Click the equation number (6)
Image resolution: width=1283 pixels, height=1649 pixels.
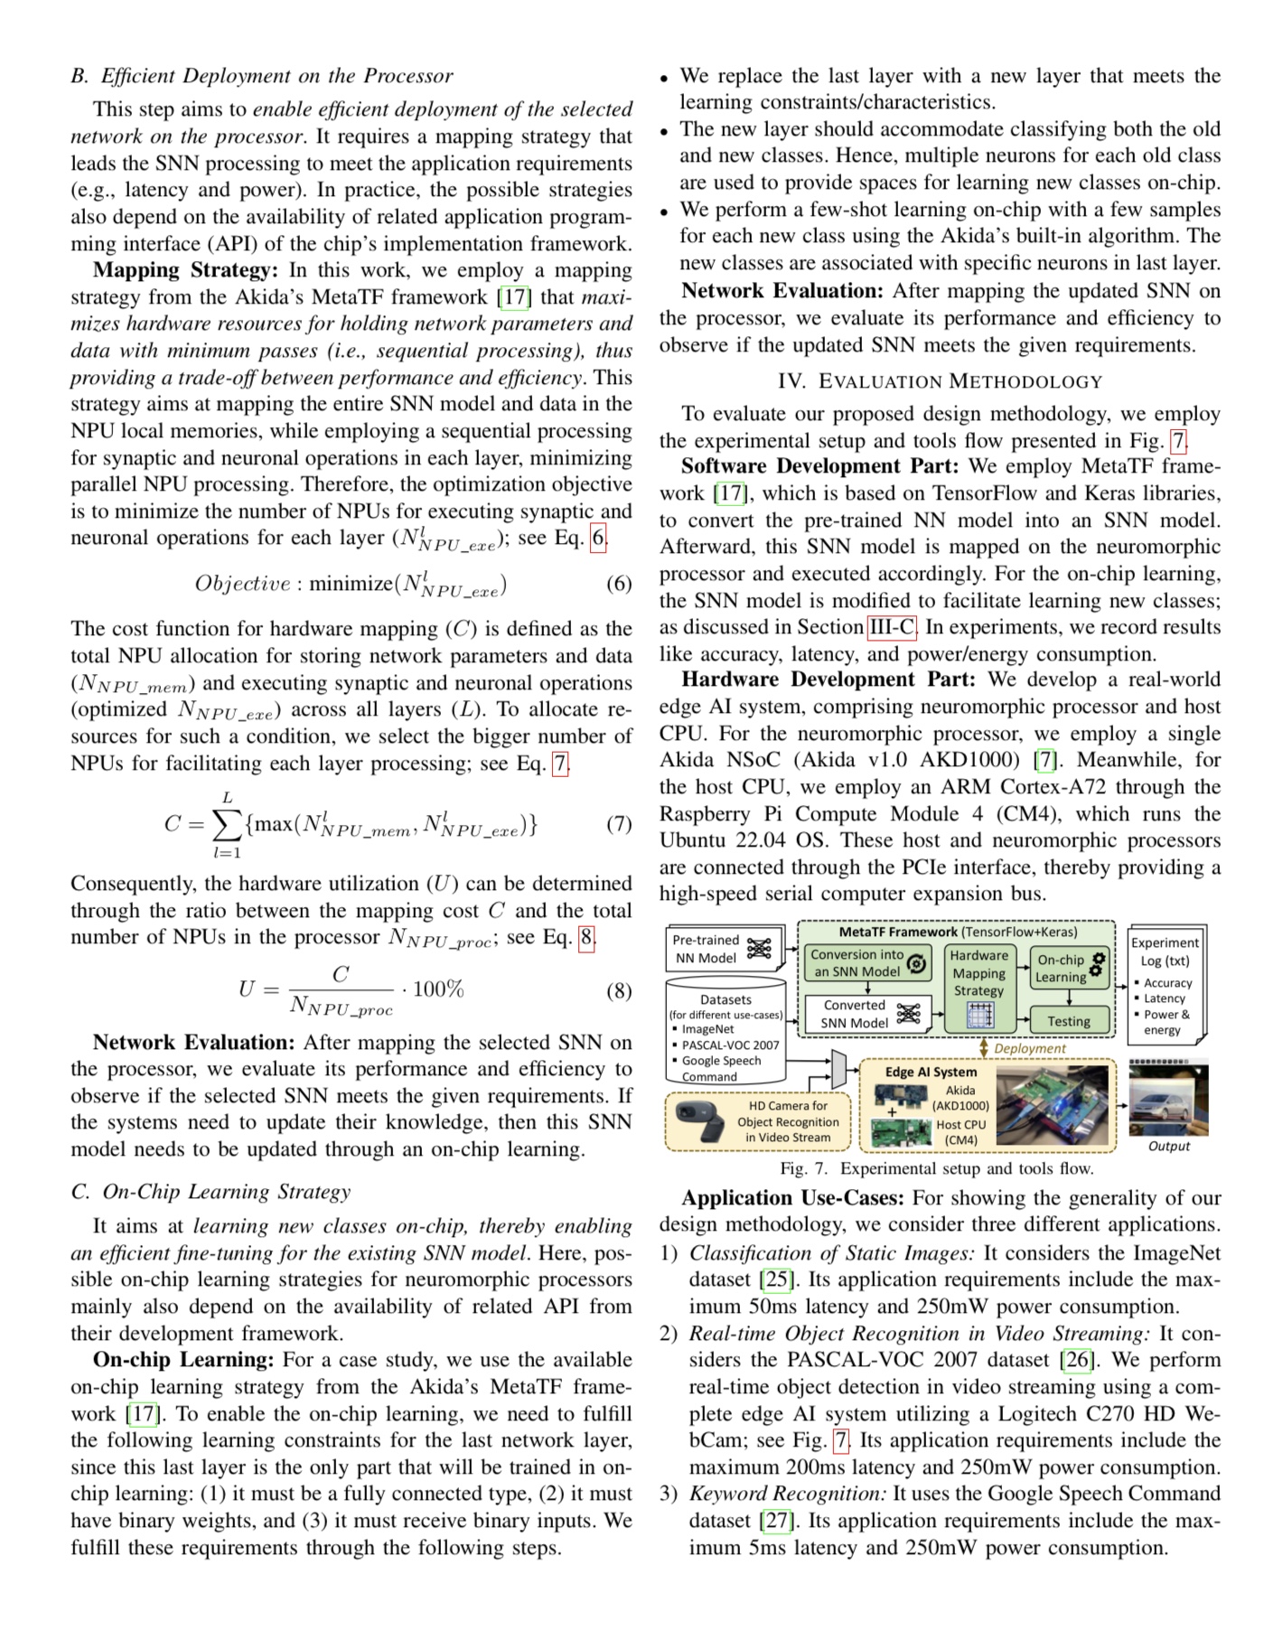click(618, 584)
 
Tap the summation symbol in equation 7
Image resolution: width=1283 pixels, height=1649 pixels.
click(226, 824)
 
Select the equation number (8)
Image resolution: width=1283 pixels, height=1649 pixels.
click(618, 991)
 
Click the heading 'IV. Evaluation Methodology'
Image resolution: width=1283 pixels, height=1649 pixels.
click(940, 381)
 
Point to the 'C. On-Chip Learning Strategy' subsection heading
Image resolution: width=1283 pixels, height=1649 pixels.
click(211, 1192)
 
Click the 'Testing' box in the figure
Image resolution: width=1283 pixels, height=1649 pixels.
click(1069, 1021)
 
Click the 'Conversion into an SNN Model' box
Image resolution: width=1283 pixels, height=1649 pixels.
click(867, 963)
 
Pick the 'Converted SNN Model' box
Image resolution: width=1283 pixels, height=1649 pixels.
click(867, 1014)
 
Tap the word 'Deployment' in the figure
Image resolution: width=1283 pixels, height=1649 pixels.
click(1030, 1049)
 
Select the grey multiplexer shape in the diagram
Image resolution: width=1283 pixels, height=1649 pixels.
click(838, 1070)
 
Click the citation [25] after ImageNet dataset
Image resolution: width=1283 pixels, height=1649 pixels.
click(776, 1279)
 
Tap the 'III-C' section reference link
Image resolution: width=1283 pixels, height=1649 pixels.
click(891, 627)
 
